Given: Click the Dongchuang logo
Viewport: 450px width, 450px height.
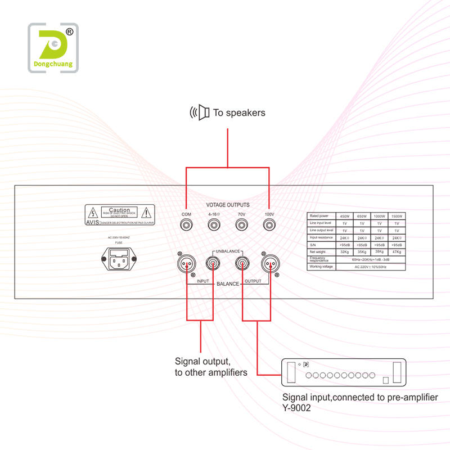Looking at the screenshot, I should [x=53, y=48].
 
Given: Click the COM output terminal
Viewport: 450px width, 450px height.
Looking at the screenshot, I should [x=186, y=226].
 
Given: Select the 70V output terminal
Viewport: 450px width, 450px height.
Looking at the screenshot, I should [x=241, y=226].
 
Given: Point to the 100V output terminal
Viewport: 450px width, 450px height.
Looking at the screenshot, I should [x=269, y=226].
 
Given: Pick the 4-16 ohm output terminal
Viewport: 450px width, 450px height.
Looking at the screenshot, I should [x=214, y=226].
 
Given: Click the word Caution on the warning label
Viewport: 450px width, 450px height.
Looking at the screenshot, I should [x=119, y=209].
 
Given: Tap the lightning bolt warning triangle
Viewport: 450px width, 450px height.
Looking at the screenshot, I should [x=91, y=212].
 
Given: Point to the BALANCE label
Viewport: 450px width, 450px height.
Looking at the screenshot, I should [x=228, y=284].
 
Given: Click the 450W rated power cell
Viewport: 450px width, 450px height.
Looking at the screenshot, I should [x=345, y=216].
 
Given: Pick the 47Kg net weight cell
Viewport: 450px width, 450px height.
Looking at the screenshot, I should [x=397, y=252].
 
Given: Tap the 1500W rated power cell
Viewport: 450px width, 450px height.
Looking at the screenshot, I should [x=397, y=216].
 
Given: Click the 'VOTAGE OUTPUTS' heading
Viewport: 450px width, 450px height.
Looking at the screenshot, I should [x=228, y=205].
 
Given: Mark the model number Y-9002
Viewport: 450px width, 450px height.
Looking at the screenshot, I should [x=297, y=409].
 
